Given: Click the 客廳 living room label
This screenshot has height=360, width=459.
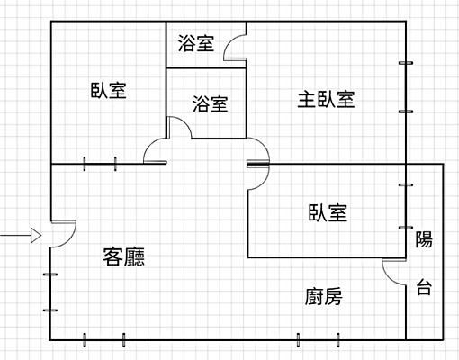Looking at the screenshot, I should point(124,257).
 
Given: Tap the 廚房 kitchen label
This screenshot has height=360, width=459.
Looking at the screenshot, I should point(323,296).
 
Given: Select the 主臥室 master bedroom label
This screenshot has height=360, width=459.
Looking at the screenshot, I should point(326,99).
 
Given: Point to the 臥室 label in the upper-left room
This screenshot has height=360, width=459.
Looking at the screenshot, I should point(108,90).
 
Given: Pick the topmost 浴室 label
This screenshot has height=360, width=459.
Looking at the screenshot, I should point(196,43).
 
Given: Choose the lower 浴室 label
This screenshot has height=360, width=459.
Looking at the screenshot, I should point(211,103).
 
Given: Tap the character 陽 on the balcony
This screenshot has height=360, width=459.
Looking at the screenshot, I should point(424,239).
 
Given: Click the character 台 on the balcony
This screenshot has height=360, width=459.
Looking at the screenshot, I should point(424,289).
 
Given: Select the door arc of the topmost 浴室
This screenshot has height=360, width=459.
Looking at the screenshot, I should point(235,48).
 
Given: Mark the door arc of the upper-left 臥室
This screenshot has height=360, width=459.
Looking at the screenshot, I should point(154,150).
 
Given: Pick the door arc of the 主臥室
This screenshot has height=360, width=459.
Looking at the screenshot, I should point(259,153).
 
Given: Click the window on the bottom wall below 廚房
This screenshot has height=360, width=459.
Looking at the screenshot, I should point(319,339).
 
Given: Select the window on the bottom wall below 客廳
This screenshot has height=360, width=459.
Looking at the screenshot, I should point(103,339).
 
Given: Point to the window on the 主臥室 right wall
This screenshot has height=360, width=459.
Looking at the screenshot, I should point(406,87).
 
